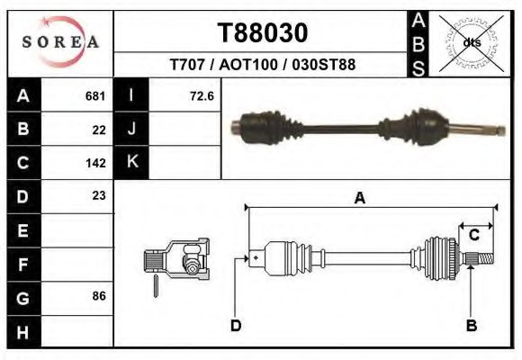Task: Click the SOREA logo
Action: click(60, 42)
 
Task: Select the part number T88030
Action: click(263, 32)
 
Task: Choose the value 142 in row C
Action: click(95, 163)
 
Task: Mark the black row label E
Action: click(23, 230)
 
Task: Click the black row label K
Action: click(131, 162)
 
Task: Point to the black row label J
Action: click(131, 130)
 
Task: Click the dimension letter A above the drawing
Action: click(360, 199)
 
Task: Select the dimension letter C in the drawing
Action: click(474, 235)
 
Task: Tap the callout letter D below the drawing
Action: click(236, 326)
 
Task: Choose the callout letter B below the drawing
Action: click(471, 326)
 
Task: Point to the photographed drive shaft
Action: click(364, 126)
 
